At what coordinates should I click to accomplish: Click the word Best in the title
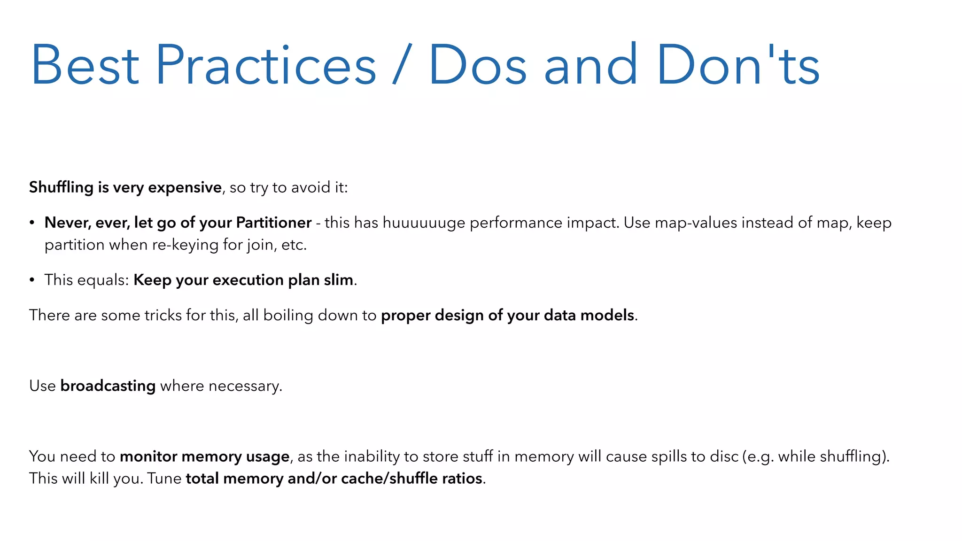coord(85,65)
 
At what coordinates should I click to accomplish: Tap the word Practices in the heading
coord(265,65)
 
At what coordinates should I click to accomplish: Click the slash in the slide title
coord(402,65)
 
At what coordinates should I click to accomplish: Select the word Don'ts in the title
coord(738,65)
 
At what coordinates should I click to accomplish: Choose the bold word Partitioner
coord(273,223)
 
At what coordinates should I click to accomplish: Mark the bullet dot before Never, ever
coord(32,223)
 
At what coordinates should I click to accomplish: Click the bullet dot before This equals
coord(32,280)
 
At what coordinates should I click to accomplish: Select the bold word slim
coord(338,280)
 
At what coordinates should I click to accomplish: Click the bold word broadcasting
coord(108,386)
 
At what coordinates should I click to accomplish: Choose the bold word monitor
coord(148,456)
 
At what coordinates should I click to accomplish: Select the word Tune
coord(164,479)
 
